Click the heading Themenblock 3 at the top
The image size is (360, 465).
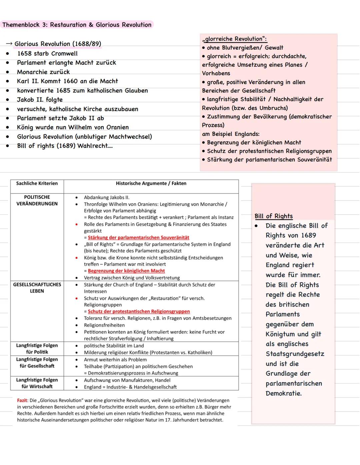[77, 25]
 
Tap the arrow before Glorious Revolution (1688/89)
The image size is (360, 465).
[9, 44]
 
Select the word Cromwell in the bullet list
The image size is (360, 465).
[64, 54]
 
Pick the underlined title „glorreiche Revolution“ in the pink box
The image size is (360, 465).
[234, 39]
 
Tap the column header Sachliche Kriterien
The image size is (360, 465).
[37, 183]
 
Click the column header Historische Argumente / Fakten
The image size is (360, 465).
[151, 183]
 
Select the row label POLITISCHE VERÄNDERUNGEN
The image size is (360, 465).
[37, 200]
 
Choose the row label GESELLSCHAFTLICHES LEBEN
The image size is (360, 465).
[37, 288]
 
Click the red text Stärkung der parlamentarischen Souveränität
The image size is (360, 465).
[138, 238]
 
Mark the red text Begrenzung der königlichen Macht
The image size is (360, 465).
[126, 271]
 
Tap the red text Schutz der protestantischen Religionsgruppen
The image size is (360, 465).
[139, 311]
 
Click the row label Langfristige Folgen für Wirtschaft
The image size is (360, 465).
[37, 383]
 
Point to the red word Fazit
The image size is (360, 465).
[22, 400]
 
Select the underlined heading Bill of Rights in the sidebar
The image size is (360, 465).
[274, 216]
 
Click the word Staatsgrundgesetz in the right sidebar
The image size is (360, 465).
[295, 354]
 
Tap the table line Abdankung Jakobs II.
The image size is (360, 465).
[107, 197]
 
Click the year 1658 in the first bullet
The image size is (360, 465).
[24, 54]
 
